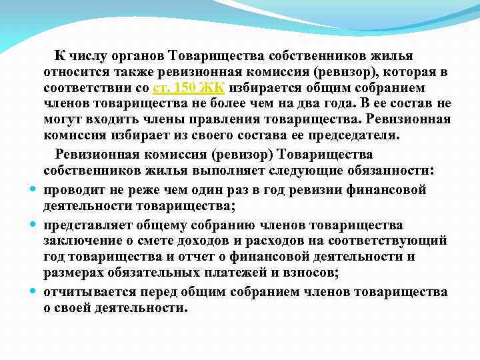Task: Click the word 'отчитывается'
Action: pyautogui.click(x=90, y=291)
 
